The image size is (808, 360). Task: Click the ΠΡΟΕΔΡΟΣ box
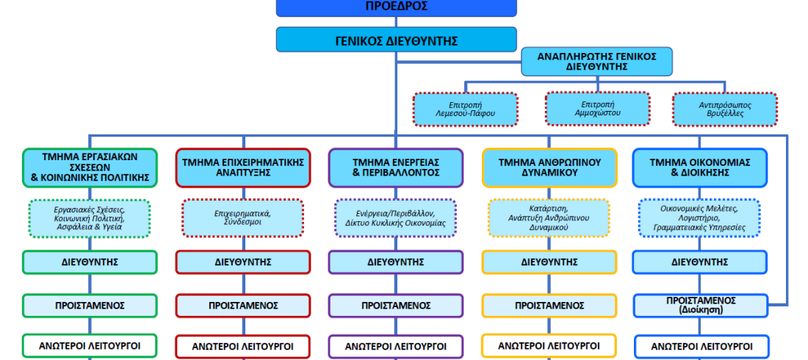tap(396, 8)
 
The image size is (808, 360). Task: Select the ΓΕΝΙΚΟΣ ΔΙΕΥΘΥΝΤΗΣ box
tap(396, 40)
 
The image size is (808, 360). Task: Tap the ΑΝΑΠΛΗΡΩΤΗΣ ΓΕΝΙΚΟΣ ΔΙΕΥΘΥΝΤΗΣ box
tap(596, 62)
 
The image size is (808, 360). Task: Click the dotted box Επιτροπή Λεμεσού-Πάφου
tap(465, 109)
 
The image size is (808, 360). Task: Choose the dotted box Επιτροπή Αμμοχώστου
tap(598, 108)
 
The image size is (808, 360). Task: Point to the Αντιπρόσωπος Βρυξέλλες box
tap(725, 109)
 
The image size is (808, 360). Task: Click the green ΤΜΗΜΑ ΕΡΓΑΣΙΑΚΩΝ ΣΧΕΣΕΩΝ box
tap(90, 168)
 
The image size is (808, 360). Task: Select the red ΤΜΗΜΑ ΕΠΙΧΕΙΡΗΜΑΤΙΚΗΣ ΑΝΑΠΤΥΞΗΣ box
tap(243, 168)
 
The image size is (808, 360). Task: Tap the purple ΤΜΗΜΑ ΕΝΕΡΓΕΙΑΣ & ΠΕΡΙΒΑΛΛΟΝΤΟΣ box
tap(396, 168)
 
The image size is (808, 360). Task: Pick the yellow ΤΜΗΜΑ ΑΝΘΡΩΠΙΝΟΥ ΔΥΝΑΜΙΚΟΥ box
tap(549, 168)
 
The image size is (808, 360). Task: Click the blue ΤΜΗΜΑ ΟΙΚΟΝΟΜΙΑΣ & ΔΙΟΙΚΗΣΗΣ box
tap(700, 168)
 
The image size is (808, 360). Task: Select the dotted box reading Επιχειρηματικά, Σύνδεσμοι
tap(242, 218)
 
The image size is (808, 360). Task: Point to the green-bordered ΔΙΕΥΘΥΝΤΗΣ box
tap(90, 262)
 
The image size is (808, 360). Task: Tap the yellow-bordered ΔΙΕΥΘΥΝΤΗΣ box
tap(549, 262)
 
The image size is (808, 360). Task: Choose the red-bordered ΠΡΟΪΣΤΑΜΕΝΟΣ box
tap(243, 306)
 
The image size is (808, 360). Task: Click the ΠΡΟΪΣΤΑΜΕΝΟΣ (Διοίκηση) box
tap(700, 306)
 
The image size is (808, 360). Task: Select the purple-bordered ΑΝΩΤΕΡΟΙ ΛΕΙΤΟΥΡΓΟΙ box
tap(396, 347)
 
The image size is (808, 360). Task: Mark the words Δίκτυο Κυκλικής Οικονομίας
tap(395, 223)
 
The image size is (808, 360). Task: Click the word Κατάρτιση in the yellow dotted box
tap(548, 209)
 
